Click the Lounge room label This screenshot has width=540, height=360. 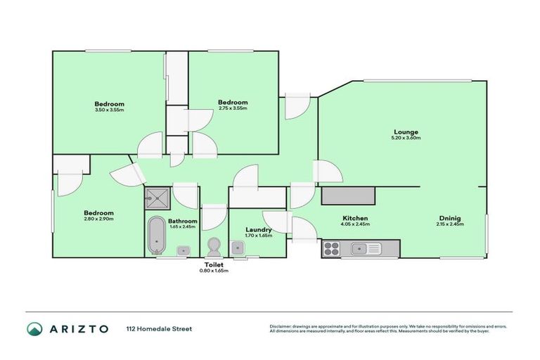406,131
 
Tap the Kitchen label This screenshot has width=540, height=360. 355,218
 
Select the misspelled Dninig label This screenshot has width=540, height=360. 451,218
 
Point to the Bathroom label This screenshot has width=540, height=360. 182,221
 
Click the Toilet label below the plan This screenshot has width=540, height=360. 214,264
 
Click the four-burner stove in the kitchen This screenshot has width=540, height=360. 332,248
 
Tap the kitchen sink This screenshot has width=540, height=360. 366,248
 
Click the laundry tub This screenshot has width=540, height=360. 238,247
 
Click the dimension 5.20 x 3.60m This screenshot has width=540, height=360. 406,138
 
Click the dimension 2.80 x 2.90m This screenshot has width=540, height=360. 99,219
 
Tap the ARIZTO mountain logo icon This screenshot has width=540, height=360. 34,328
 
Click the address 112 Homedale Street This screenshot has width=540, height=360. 159,328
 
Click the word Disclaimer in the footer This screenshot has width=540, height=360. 283,326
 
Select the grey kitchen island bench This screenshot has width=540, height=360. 347,195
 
